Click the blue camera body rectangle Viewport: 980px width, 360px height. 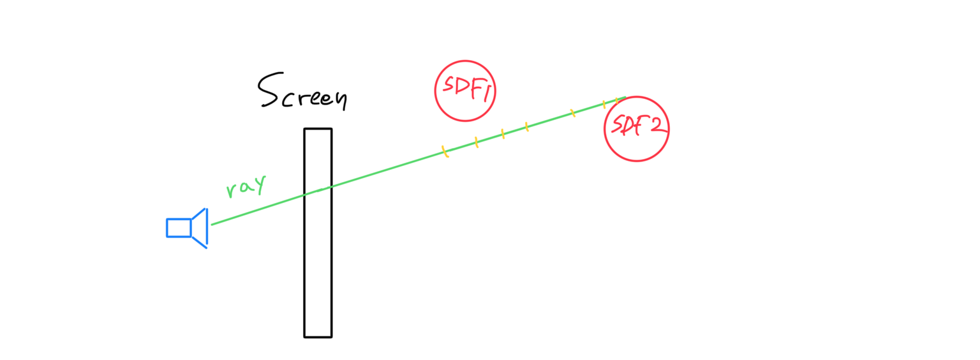pyautogui.click(x=179, y=228)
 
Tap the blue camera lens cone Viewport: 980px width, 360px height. pyautogui.click(x=200, y=228)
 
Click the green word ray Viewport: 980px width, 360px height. pyautogui.click(x=246, y=186)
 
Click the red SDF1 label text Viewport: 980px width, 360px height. pyautogui.click(x=465, y=89)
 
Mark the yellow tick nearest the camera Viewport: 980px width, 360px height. pyautogui.click(x=445, y=152)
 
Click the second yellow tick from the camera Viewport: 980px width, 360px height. pyautogui.click(x=477, y=142)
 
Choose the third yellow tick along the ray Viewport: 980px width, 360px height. pyautogui.click(x=503, y=134)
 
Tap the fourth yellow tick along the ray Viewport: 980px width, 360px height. pyautogui.click(x=526, y=127)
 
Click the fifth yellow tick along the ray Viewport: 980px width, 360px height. pyautogui.click(x=572, y=113)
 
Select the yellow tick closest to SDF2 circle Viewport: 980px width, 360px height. pyautogui.click(x=616, y=100)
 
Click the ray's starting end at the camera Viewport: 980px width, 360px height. pyautogui.click(x=212, y=224)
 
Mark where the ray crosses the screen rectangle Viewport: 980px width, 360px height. pyautogui.click(x=318, y=190)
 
